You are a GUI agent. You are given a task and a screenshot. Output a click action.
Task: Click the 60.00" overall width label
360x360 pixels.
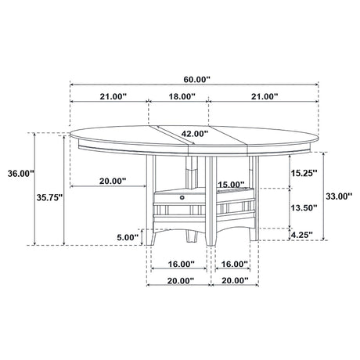(x=196, y=79)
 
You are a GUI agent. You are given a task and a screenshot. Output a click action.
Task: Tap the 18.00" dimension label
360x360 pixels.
(x=182, y=96)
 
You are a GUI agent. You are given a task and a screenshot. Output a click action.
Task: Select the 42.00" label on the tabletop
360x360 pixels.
(x=195, y=134)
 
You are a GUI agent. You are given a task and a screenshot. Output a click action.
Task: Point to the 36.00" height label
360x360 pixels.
(x=21, y=173)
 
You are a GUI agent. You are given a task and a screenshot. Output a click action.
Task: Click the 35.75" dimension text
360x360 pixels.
(x=49, y=197)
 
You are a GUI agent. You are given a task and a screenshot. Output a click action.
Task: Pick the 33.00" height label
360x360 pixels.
(x=339, y=196)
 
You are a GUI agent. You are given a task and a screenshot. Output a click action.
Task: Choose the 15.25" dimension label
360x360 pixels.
(x=304, y=173)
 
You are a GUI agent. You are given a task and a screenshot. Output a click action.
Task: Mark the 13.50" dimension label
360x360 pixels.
(x=304, y=207)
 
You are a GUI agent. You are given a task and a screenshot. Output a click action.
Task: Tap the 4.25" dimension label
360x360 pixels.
(x=302, y=235)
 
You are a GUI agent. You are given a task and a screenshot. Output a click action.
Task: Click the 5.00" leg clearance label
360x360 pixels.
(x=128, y=237)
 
